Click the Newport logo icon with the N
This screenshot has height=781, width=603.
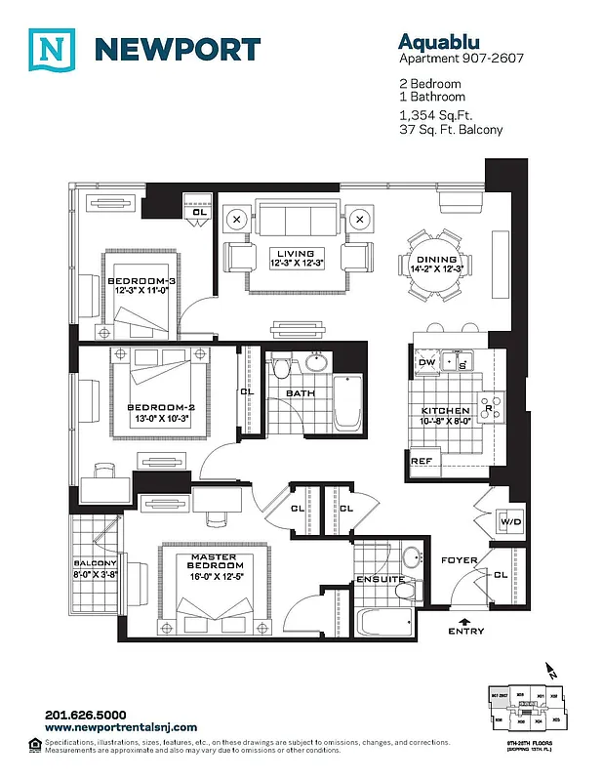coord(51,50)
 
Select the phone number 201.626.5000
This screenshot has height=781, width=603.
coord(86,715)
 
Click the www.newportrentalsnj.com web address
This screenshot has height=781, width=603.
coord(121,727)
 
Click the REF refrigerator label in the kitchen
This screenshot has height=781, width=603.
coord(421,461)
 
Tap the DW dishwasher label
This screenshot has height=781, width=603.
coord(426,363)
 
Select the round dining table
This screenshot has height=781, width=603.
coord(435,265)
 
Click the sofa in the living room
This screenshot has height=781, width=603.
coord(296,216)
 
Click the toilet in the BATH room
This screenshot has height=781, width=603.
coord(282,370)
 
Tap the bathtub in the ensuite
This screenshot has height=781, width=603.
coord(385,620)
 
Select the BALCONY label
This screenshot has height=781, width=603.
coord(95,563)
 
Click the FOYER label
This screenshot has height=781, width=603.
coord(459,560)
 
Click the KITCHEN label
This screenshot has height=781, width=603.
coord(445,411)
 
